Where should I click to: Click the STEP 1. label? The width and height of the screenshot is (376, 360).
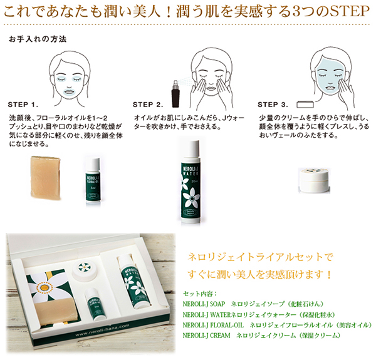pyautogui.click(x=23, y=105)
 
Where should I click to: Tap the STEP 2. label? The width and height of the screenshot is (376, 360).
pyautogui.click(x=148, y=105)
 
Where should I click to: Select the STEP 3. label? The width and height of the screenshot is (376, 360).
pyautogui.click(x=273, y=105)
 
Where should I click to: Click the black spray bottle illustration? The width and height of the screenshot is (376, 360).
pyautogui.click(x=175, y=94)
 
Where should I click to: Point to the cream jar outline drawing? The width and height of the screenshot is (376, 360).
pyautogui.click(x=305, y=105)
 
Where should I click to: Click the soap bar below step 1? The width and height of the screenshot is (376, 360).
pyautogui.click(x=45, y=178)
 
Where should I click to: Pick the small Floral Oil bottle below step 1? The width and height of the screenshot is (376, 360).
pyautogui.click(x=93, y=181)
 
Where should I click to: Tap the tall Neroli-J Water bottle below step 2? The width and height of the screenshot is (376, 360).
pyautogui.click(x=191, y=182)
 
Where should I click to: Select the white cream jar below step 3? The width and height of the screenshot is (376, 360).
pyautogui.click(x=314, y=180)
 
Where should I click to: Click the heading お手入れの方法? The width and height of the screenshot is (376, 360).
pyautogui.click(x=38, y=39)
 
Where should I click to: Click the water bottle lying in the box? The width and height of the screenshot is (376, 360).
pyautogui.click(x=133, y=282)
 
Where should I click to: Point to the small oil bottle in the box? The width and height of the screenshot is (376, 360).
pyautogui.click(x=95, y=304)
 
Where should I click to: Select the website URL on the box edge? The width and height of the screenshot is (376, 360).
pyautogui.click(x=102, y=330)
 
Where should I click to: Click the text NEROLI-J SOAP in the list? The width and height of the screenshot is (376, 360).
pyautogui.click(x=204, y=304)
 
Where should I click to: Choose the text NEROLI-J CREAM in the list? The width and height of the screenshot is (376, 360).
pyautogui.click(x=206, y=336)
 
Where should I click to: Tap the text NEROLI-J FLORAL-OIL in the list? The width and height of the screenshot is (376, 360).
pyautogui.click(x=213, y=325)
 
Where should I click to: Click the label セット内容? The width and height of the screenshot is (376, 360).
pyautogui.click(x=199, y=294)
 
